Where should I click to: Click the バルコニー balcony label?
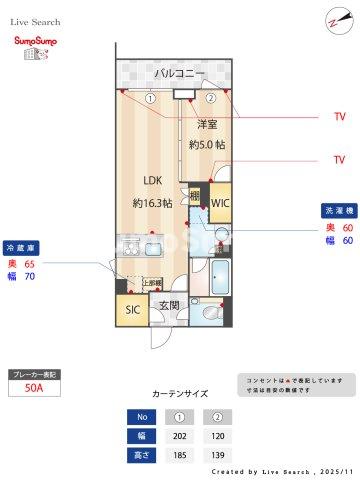[180, 74]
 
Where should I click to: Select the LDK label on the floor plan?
[152, 181]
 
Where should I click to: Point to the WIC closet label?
[220, 202]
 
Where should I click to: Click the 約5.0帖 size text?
[207, 144]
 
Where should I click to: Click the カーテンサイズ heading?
[180, 394]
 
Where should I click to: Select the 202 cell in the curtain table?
[181, 436]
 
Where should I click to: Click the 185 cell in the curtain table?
[181, 455]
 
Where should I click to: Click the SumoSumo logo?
[33, 47]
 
